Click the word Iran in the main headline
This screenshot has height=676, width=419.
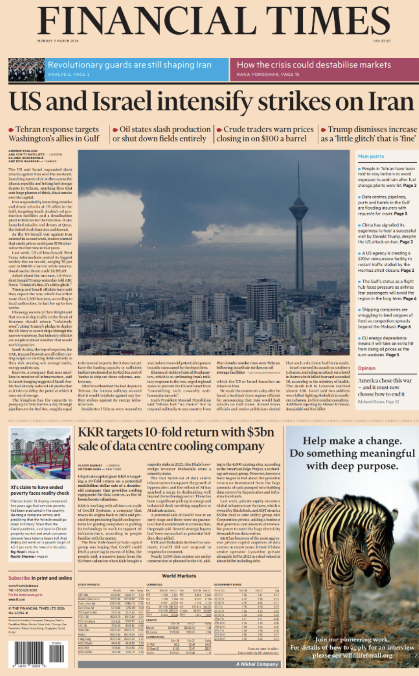pyautogui.click(x=391, y=102)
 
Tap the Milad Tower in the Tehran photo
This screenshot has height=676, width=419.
pyautogui.click(x=299, y=217)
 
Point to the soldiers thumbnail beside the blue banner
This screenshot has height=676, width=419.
pyautogui.click(x=26, y=69)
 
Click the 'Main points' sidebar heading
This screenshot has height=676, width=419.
pyautogui.click(x=371, y=156)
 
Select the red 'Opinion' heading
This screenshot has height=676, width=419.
pyautogui.click(x=366, y=368)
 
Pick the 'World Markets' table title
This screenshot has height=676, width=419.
pyautogui.click(x=179, y=576)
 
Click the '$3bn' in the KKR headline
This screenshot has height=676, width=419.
pyautogui.click(x=261, y=432)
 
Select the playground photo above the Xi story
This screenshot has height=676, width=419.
pyautogui.click(x=40, y=454)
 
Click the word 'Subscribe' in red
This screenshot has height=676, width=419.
pyautogui.click(x=19, y=578)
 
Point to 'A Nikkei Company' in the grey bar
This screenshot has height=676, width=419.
pyautogui.click(x=257, y=664)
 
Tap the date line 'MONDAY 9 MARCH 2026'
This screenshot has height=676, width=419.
pyautogui.click(x=58, y=41)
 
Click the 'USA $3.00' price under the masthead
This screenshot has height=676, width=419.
pyautogui.click(x=381, y=41)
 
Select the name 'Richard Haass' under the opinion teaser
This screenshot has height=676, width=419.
pyautogui.click(x=370, y=402)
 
